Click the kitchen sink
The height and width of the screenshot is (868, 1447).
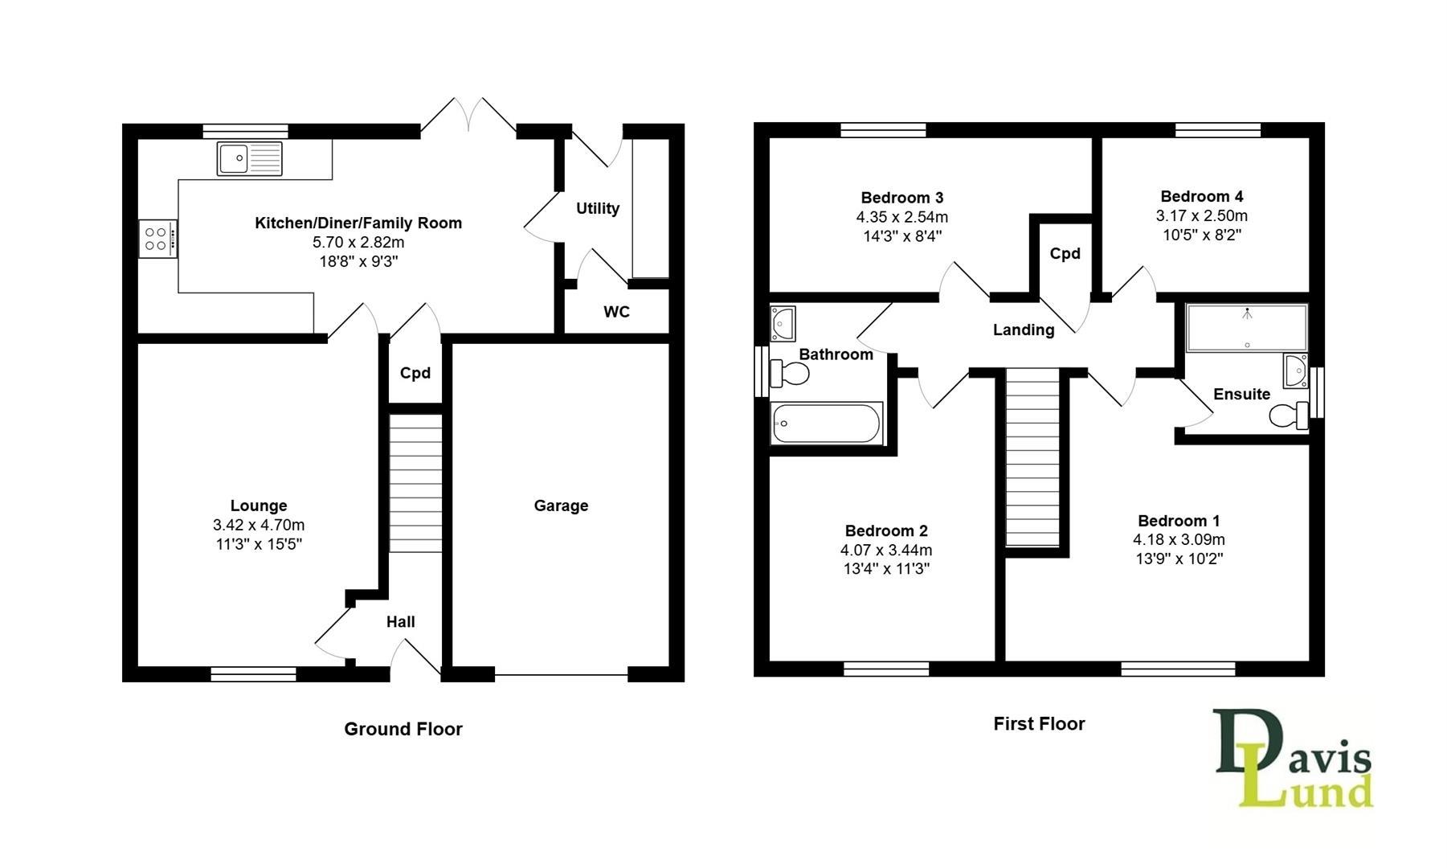[x=250, y=158]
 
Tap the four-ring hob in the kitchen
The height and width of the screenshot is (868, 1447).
[x=158, y=239]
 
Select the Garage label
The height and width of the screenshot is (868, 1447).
[x=561, y=506]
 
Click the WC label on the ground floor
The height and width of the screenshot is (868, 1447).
[x=617, y=312]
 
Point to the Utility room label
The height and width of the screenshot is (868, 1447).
[x=598, y=208]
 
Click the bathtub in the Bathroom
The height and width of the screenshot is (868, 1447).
[x=827, y=423]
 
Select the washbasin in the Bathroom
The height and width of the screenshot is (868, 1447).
[x=782, y=323]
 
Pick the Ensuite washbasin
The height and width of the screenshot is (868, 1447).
[x=1295, y=371]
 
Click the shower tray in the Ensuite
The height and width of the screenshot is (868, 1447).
[x=1247, y=328]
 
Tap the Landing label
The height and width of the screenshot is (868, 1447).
[x=1024, y=330]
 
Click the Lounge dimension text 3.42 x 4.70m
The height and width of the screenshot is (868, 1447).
[x=259, y=525]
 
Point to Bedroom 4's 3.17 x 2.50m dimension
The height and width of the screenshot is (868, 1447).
[x=1202, y=215]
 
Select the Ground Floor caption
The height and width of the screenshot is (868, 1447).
[x=403, y=729]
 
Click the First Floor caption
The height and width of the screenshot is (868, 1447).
[x=1039, y=723]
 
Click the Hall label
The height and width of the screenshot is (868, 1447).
[x=401, y=621]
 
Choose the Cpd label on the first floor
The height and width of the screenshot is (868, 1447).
[x=1065, y=254]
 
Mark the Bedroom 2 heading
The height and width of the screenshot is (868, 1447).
[x=886, y=530]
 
